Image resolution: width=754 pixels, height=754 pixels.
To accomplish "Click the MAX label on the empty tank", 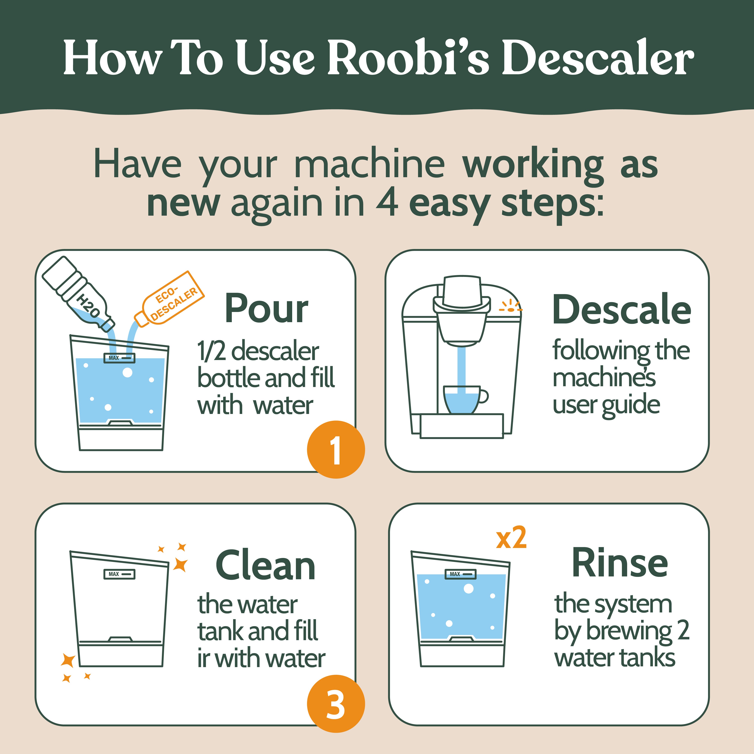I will click(x=119, y=574).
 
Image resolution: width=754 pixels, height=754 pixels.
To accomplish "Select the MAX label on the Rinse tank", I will click(x=461, y=574).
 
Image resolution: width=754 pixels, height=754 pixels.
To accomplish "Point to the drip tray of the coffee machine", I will click(x=462, y=426).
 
